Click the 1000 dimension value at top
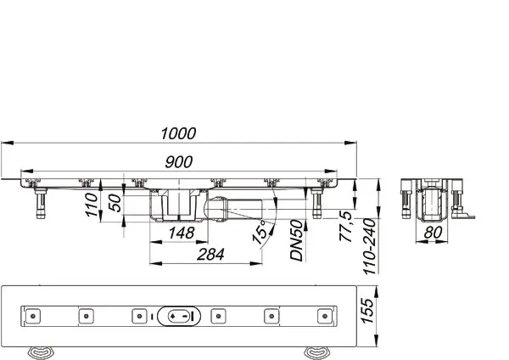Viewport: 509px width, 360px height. tap(178, 132)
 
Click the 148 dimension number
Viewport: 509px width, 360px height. tap(181, 232)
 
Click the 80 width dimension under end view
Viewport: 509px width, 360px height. tap(432, 232)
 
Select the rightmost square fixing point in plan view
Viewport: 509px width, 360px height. tap(322, 316)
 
